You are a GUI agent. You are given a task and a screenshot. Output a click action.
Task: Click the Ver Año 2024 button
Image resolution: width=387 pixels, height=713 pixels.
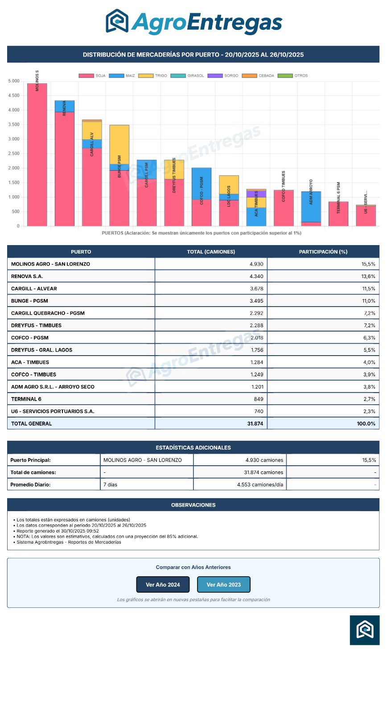tap(163, 585)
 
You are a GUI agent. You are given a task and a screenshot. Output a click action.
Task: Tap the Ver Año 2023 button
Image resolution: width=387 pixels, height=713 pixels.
tap(223, 585)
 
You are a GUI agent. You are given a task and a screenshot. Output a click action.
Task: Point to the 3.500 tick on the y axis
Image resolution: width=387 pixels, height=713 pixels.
tap(14, 125)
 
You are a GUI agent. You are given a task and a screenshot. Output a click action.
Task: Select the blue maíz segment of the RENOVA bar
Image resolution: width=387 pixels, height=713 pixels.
tap(65, 106)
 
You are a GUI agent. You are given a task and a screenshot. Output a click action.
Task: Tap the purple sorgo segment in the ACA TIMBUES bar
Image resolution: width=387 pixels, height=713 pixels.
tap(256, 194)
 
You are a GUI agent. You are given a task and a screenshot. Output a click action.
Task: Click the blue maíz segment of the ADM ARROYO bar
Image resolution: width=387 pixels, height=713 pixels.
tap(311, 206)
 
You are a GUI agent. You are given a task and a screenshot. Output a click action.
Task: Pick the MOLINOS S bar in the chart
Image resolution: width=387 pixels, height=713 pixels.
tap(37, 156)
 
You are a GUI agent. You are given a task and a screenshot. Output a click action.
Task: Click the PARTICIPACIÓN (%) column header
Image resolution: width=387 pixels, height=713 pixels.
tap(323, 252)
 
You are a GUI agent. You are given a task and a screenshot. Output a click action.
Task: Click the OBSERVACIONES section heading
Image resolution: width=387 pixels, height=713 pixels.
tap(193, 505)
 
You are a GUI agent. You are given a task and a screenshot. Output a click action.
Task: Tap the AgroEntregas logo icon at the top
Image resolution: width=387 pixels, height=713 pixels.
tap(117, 21)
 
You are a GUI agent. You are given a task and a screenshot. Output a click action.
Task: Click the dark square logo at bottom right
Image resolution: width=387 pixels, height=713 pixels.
tap(365, 630)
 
